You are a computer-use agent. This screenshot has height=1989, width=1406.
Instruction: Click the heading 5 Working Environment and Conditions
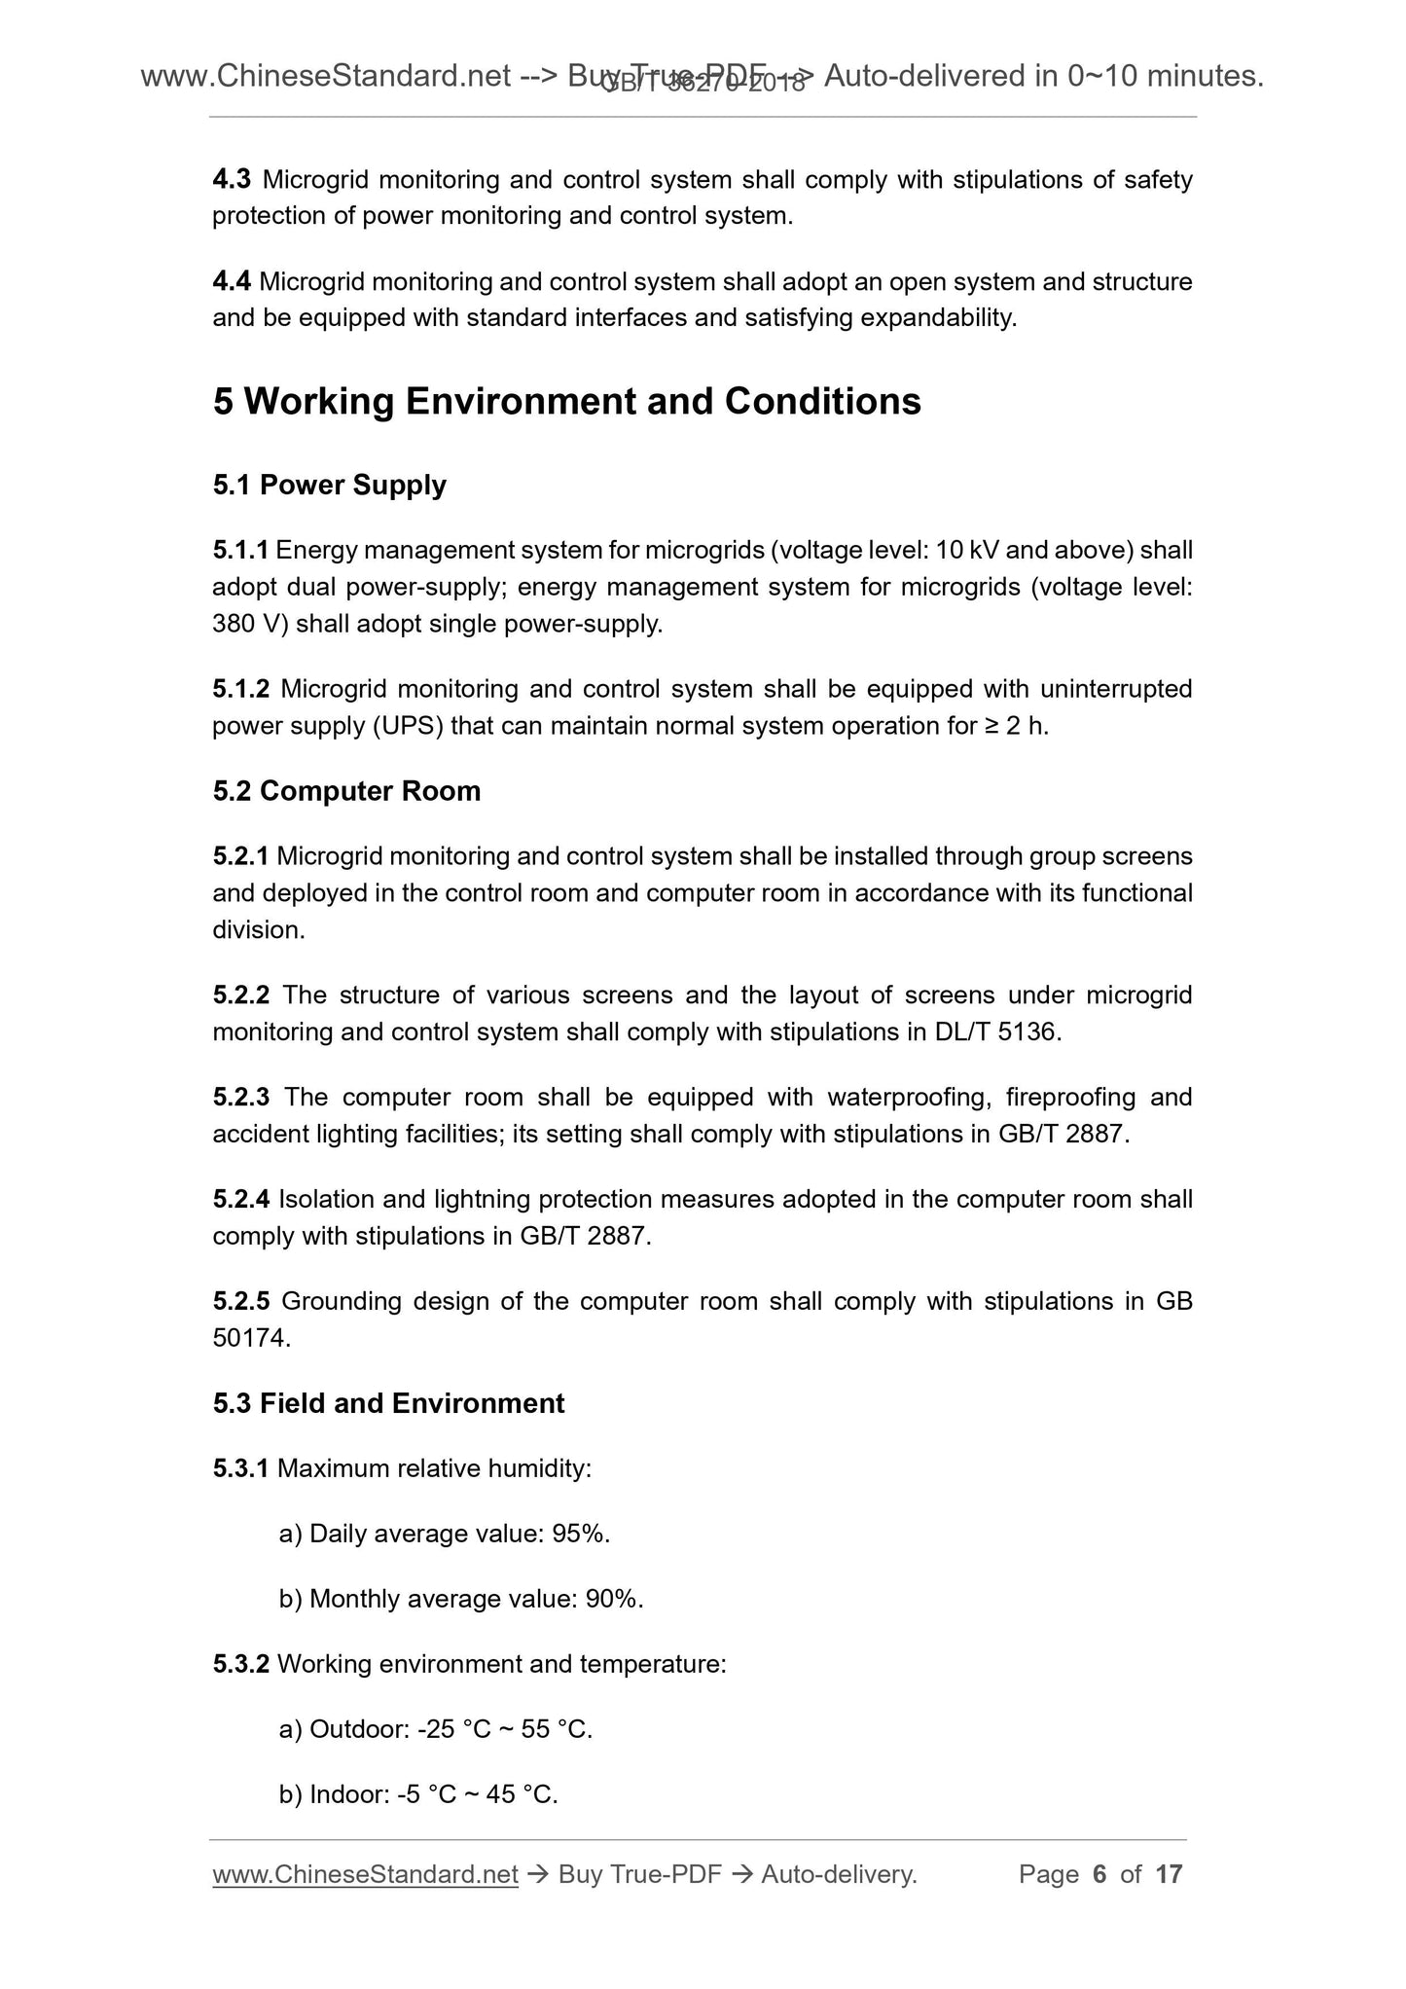click(x=566, y=402)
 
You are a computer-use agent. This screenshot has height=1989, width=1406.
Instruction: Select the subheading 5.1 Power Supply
click(x=329, y=485)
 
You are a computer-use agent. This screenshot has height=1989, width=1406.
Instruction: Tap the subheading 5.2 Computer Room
click(x=346, y=791)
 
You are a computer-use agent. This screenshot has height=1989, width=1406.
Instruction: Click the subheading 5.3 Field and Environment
click(x=388, y=1403)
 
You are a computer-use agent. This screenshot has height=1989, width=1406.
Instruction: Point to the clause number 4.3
click(x=232, y=180)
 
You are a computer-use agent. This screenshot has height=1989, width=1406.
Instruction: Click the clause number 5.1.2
click(x=240, y=690)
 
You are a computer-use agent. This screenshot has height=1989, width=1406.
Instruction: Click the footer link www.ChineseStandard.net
click(x=365, y=1875)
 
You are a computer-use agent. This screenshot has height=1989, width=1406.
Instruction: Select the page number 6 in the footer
click(x=1100, y=1875)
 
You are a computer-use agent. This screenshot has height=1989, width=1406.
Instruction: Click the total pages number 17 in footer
click(x=1168, y=1875)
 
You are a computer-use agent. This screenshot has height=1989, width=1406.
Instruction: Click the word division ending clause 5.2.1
click(x=257, y=931)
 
